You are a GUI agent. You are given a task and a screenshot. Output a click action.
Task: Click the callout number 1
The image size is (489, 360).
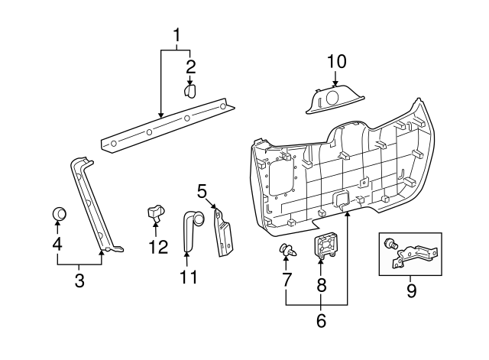click(176, 34)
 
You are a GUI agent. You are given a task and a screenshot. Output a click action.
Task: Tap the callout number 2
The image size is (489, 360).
click(190, 66)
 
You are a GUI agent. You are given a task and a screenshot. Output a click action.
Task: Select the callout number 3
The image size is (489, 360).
click(79, 280)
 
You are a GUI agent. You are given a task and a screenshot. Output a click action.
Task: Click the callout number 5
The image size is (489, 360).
click(202, 190)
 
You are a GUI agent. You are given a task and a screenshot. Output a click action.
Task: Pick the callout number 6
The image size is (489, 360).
click(321, 322)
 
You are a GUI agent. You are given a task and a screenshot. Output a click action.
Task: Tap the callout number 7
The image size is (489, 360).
click(287, 281)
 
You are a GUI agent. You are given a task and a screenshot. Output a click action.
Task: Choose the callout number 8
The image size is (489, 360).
click(322, 286)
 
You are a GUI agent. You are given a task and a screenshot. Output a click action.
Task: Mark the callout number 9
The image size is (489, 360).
click(411, 290)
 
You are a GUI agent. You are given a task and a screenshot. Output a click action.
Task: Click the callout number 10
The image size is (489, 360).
click(337, 60)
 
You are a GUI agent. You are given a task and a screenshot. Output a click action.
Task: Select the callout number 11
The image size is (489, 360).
click(188, 276)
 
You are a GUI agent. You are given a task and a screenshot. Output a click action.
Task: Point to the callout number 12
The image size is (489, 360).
click(157, 247)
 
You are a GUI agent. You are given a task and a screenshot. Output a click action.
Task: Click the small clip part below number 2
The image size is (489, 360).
click(189, 91)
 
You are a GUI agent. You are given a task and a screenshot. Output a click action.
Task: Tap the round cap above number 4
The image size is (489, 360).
click(58, 213)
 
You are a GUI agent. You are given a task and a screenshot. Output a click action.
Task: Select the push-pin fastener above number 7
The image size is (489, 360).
click(287, 249)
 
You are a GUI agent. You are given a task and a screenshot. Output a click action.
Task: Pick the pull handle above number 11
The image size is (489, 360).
click(190, 229)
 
